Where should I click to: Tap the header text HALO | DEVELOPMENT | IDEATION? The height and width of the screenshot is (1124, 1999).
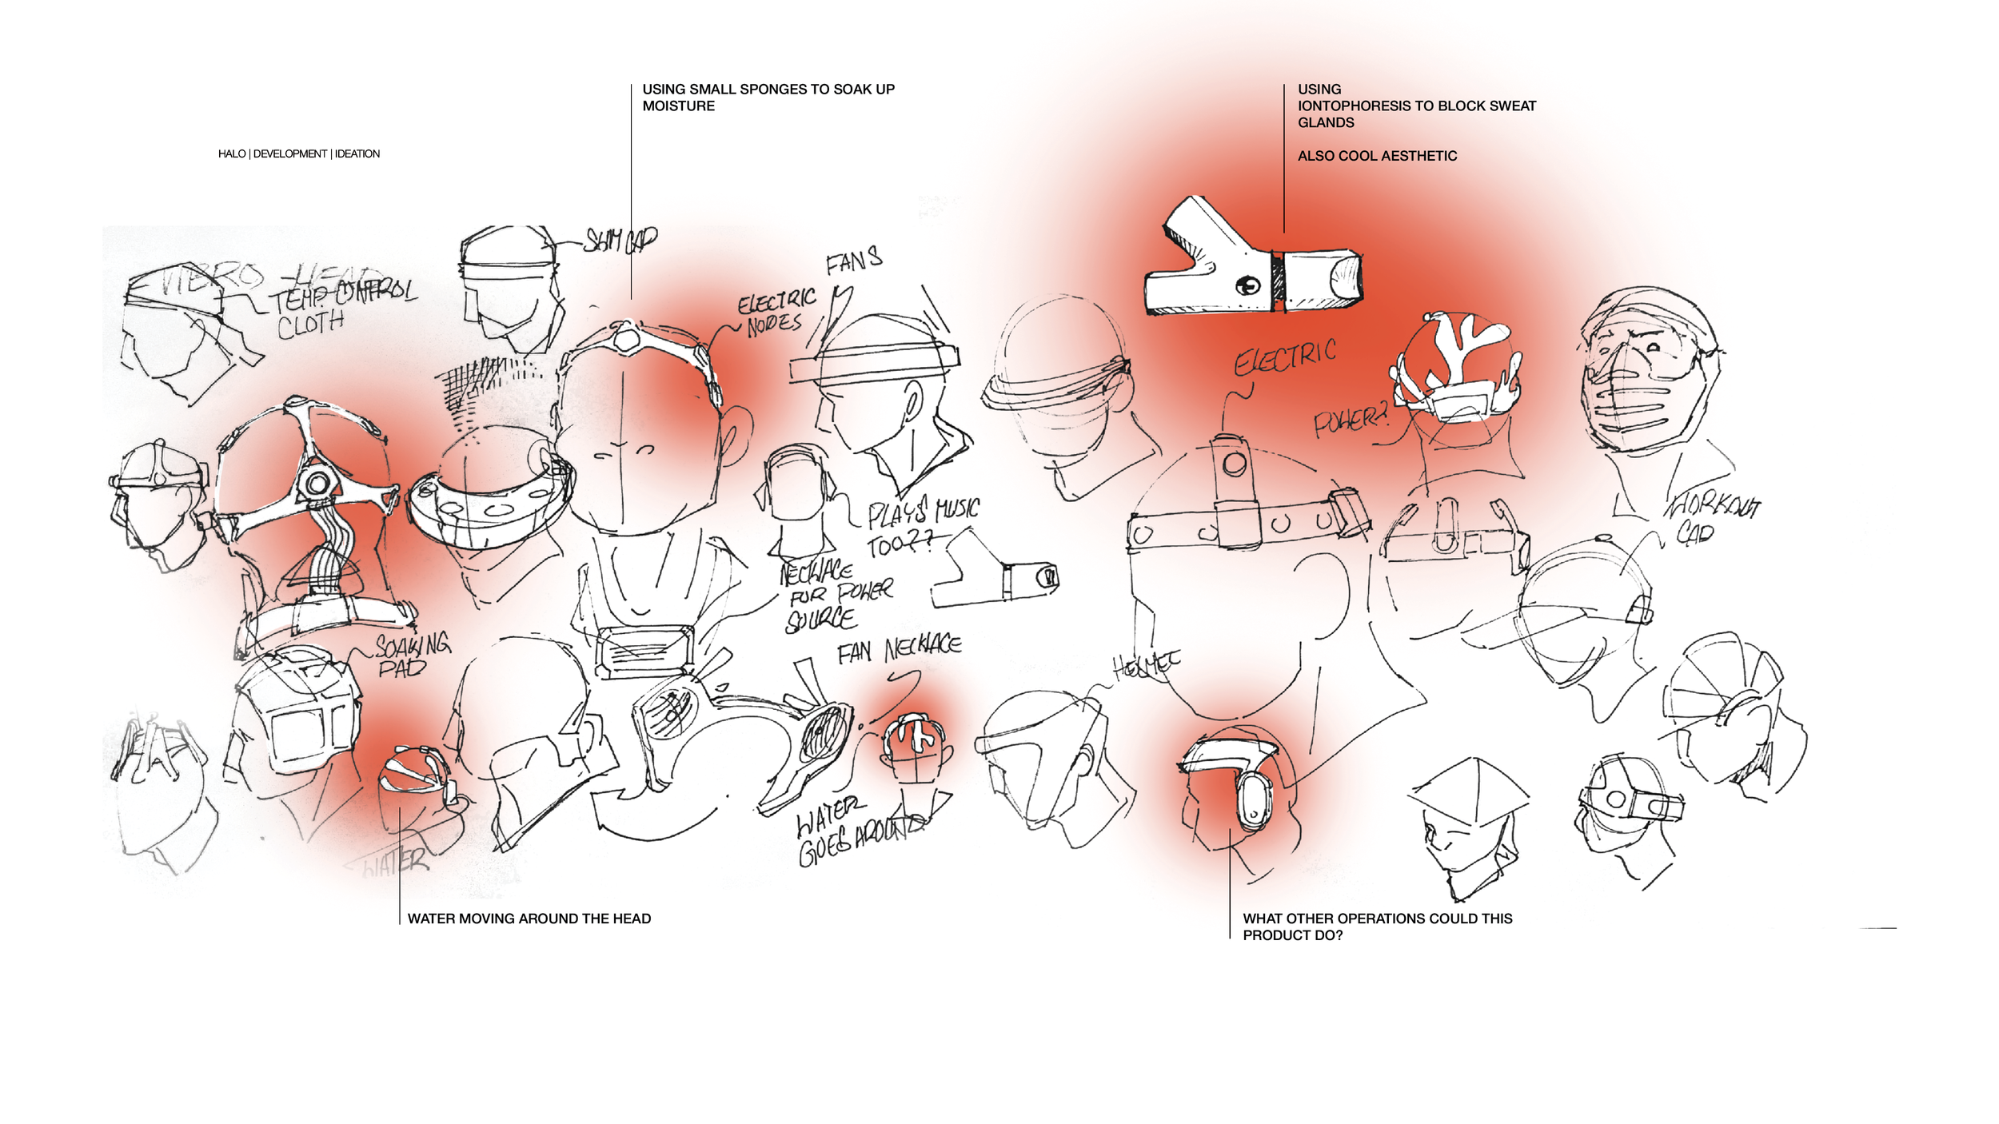[298, 153]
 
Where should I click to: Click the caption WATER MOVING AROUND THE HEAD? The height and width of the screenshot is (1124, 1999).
[529, 919]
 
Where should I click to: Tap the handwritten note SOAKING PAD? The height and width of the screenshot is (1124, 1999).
[411, 655]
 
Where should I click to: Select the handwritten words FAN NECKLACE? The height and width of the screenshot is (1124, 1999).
[899, 649]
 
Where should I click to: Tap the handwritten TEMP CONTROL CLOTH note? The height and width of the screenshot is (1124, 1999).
[336, 308]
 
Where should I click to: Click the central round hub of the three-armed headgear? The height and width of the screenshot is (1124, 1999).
[317, 483]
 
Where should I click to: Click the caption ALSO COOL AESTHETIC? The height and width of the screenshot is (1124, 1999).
[1376, 156]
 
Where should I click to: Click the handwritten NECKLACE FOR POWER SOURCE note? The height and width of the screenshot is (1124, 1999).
[832, 596]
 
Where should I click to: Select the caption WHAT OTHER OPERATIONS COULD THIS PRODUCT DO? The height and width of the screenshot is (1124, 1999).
[1376, 927]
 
